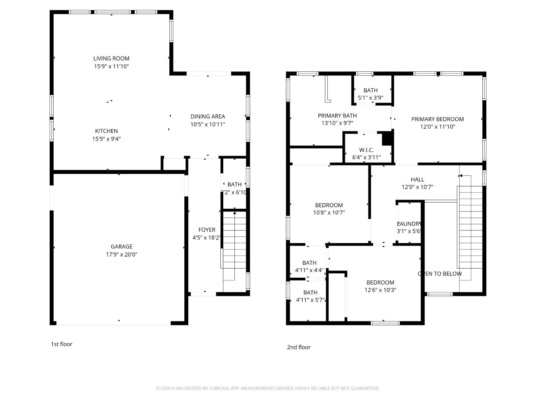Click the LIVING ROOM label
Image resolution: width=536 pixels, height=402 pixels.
click(x=111, y=58)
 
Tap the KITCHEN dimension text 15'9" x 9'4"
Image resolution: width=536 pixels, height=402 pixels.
click(x=106, y=139)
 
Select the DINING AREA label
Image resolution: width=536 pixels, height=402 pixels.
click(x=208, y=116)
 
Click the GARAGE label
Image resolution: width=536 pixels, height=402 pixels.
click(x=121, y=247)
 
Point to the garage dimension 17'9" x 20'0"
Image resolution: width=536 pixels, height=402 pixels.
click(x=121, y=254)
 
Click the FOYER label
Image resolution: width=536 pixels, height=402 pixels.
click(x=207, y=230)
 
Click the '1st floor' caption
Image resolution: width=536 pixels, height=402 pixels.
click(x=61, y=344)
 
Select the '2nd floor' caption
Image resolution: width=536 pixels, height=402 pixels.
click(x=299, y=347)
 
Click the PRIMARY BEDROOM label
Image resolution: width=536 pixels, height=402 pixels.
click(x=437, y=119)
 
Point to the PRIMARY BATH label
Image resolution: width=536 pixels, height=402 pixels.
click(x=337, y=115)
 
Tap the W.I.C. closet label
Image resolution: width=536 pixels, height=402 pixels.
click(x=366, y=150)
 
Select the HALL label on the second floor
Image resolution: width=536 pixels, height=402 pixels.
click(x=417, y=179)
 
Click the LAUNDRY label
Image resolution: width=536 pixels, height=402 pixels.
click(x=410, y=224)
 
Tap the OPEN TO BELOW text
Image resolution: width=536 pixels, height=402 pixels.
click(x=440, y=274)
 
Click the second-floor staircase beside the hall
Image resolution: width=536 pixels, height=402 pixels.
click(x=470, y=229)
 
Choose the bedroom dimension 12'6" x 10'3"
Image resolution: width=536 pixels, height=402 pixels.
click(x=380, y=290)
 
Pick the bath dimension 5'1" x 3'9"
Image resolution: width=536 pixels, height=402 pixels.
click(x=371, y=97)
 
